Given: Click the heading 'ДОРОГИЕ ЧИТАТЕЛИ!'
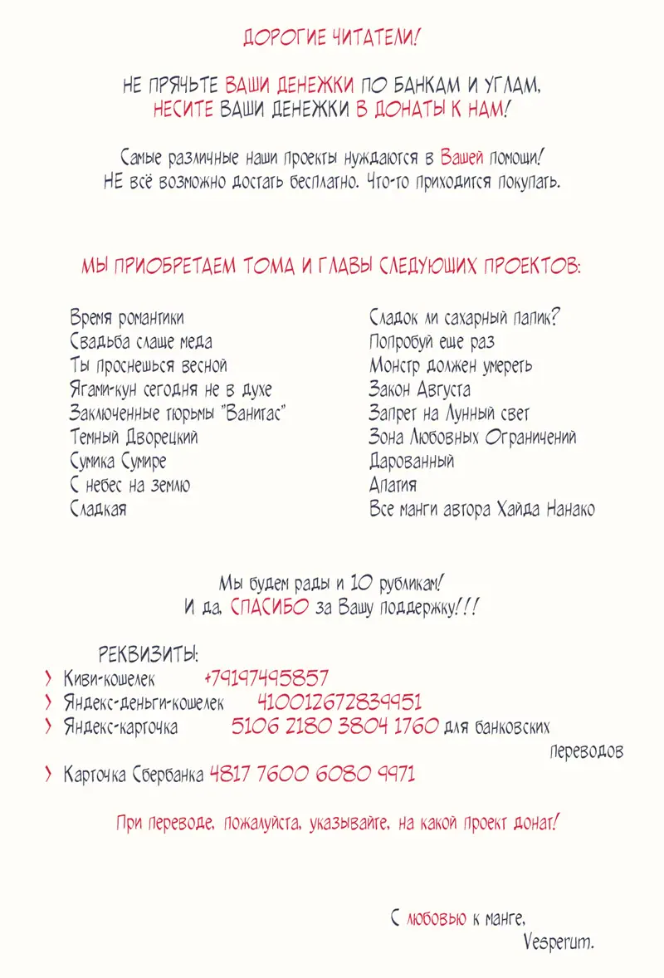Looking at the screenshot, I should click(x=331, y=37).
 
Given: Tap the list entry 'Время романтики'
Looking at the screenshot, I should click(x=127, y=319).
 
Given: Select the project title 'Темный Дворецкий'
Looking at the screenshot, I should click(x=134, y=438).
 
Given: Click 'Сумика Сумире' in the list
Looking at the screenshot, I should click(x=118, y=462).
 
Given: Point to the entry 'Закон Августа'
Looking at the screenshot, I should click(x=419, y=389).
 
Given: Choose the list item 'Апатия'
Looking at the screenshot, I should click(x=393, y=486).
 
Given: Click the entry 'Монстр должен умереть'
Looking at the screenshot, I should click(x=451, y=366).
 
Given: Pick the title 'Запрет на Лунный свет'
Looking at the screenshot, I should click(x=449, y=413).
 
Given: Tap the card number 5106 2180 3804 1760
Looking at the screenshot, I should click(x=334, y=727).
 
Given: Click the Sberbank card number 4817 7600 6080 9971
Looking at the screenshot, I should click(x=312, y=775).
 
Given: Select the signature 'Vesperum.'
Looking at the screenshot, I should click(x=559, y=942).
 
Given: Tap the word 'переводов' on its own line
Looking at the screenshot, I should click(x=587, y=752).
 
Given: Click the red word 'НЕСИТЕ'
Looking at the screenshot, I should click(x=183, y=110).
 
